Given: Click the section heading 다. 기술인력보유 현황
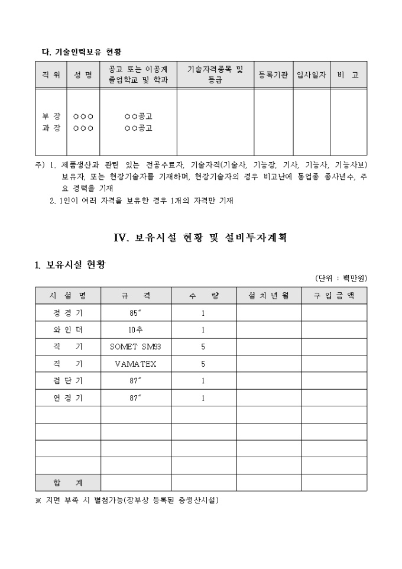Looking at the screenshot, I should [x=80, y=52].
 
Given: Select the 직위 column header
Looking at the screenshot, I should [x=50, y=75].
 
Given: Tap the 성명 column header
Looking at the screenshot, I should [x=83, y=75].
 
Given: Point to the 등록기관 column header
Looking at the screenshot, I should [x=273, y=75].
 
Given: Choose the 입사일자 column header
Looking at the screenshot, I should [x=311, y=75].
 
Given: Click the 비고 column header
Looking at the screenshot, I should [x=348, y=75].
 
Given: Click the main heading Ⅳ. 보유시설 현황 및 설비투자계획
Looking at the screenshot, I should [x=200, y=238].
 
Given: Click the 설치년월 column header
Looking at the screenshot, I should [x=269, y=296].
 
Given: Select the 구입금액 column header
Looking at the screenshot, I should [x=334, y=296].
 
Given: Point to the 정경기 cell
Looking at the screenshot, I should [x=68, y=313].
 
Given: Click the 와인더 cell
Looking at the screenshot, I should [x=68, y=330].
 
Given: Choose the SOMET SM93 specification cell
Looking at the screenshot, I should [x=135, y=347].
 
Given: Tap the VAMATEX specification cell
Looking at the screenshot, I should [x=135, y=364].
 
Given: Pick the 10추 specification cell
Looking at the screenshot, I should [x=135, y=330].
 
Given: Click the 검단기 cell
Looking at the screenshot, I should [x=68, y=381].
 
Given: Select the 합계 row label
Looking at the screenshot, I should [x=68, y=483].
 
